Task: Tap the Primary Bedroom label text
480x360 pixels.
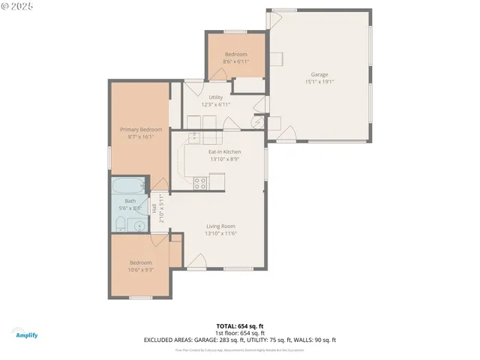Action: pos(141,129)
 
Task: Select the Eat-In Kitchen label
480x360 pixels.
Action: pos(224,152)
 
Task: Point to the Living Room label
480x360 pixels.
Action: pos(221,226)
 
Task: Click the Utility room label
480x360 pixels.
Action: pos(215,97)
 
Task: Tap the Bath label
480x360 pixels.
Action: pos(130,201)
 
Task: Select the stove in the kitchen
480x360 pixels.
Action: pos(200,181)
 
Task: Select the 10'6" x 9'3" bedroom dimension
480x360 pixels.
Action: pos(141,270)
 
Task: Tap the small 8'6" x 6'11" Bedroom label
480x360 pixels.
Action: pos(236,55)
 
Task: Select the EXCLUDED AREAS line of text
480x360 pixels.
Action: pos(239,340)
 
